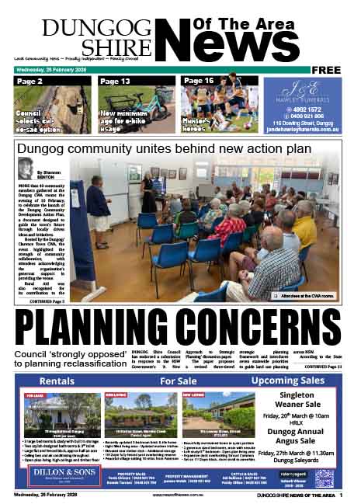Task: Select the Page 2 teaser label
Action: [30, 81]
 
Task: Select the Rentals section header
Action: [57, 381]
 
